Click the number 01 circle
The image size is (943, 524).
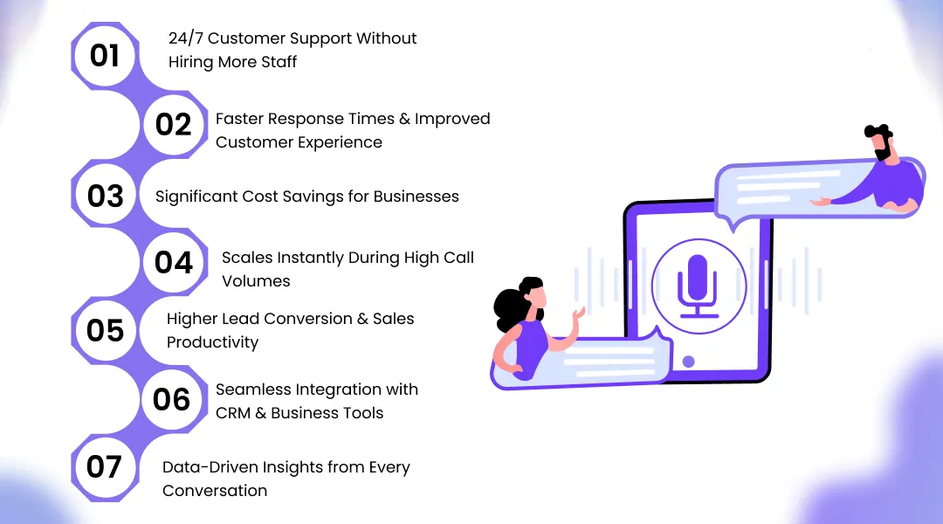(105, 56)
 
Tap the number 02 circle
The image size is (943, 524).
(173, 125)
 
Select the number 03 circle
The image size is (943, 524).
(105, 196)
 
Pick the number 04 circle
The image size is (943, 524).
(173, 262)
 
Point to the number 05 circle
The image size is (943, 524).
(105, 330)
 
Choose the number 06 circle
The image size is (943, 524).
(172, 399)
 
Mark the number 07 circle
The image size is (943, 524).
(104, 467)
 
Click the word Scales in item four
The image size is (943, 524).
(245, 258)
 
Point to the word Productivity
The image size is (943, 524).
(212, 342)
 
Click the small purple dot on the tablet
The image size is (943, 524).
(688, 361)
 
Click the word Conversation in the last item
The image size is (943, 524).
(215, 491)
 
